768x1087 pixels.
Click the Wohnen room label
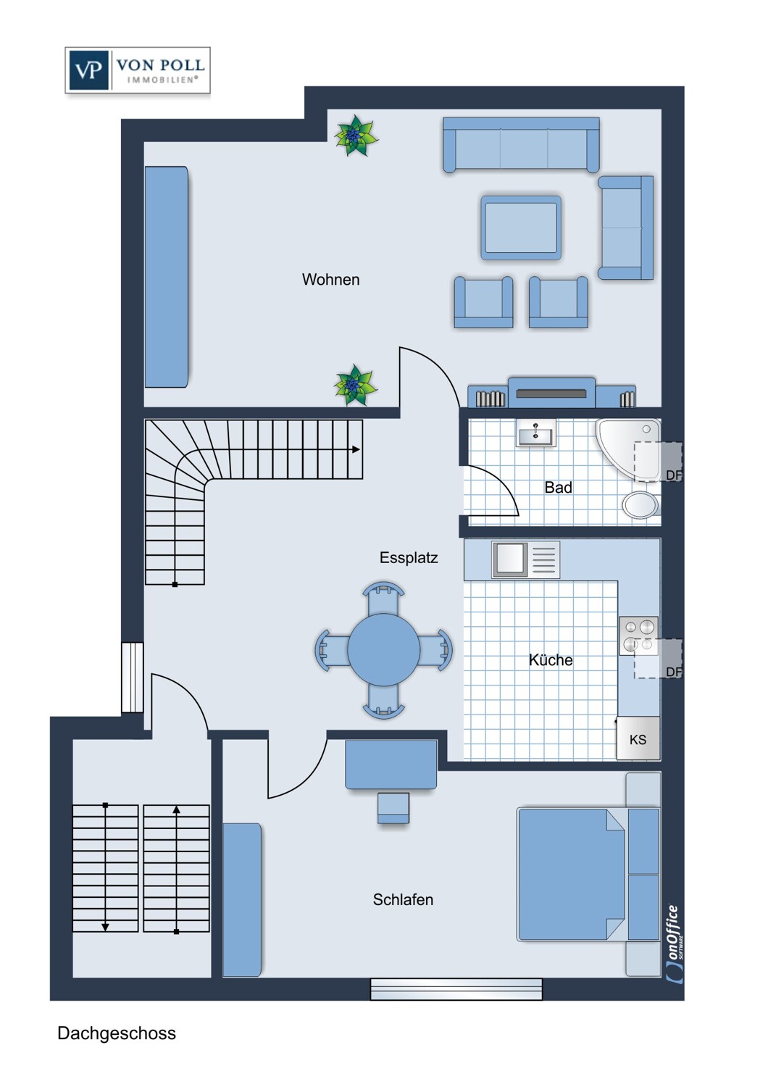(330, 280)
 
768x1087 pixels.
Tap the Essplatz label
(409, 558)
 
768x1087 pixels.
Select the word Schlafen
(403, 900)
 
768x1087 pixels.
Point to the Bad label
(558, 487)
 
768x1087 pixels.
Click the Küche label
(551, 660)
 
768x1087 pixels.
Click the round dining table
(384, 650)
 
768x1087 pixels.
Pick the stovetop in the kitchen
(638, 636)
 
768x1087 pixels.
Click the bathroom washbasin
(535, 433)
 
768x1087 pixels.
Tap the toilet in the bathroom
(641, 504)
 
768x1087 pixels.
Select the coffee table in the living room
(521, 228)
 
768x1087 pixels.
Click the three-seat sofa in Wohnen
(521, 145)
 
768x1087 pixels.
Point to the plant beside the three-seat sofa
(356, 136)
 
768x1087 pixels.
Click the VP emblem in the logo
(88, 70)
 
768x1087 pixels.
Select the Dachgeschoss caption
(117, 1033)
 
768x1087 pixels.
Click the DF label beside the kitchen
(674, 672)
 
